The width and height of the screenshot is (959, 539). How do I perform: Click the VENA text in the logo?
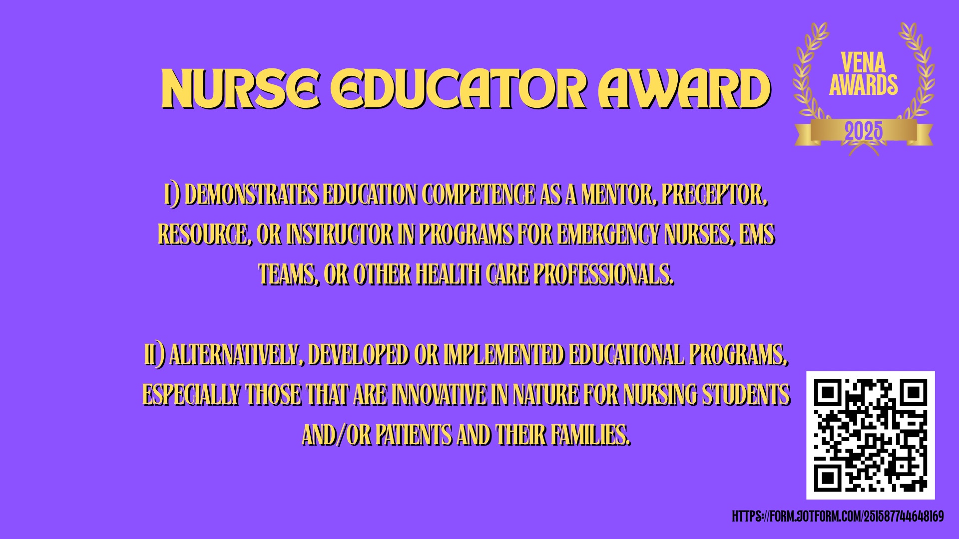[863, 63]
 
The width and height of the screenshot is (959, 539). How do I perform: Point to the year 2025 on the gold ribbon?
[864, 132]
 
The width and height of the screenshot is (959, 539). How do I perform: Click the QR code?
[871, 435]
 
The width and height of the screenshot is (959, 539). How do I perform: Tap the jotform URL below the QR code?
[838, 517]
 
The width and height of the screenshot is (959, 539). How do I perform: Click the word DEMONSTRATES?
[252, 195]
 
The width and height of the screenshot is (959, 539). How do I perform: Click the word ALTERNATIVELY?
[237, 355]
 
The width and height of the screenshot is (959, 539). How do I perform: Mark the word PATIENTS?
[414, 435]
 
